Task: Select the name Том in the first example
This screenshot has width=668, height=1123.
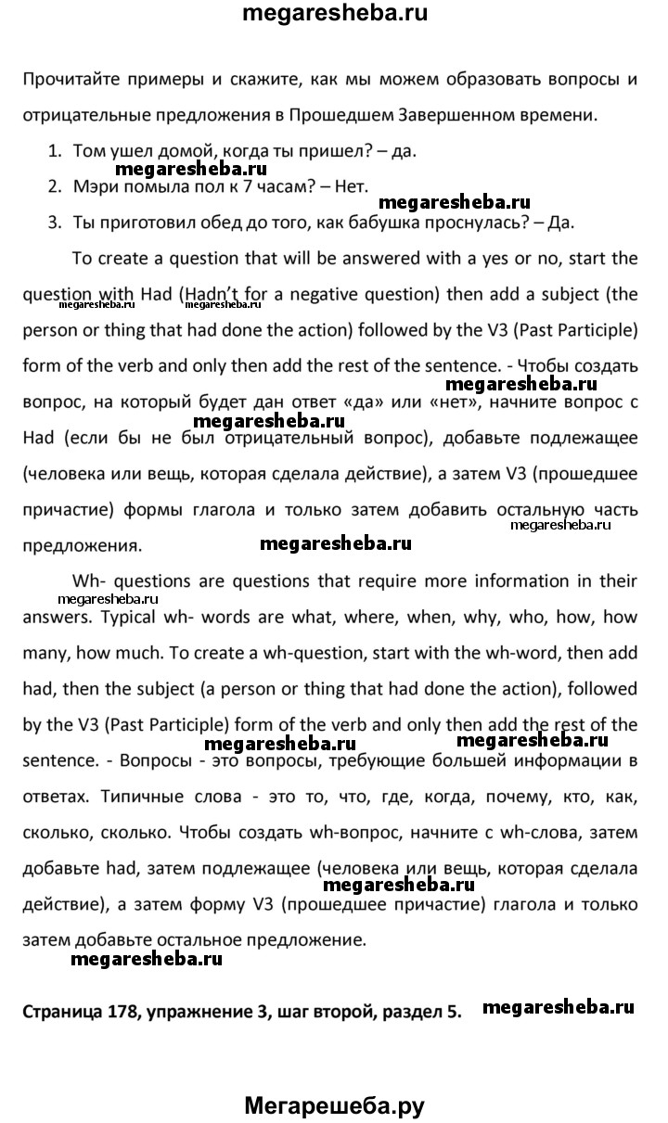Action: coord(90,149)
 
